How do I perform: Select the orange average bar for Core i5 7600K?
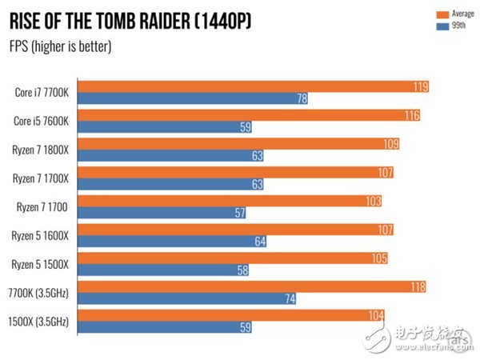(x=248, y=115)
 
